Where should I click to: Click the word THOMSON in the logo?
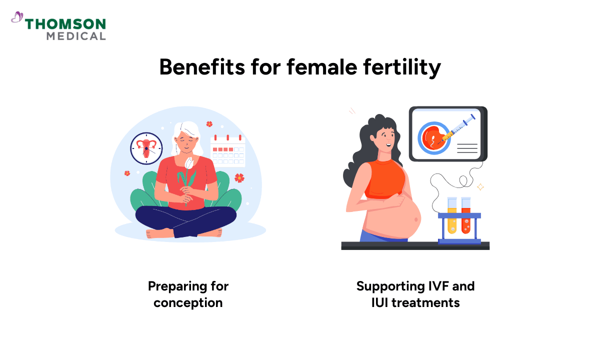65,24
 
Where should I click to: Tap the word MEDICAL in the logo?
76,36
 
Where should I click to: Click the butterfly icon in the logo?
17,18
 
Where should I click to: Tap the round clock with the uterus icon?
146,147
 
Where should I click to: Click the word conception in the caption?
188,302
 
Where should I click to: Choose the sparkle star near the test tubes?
480,187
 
